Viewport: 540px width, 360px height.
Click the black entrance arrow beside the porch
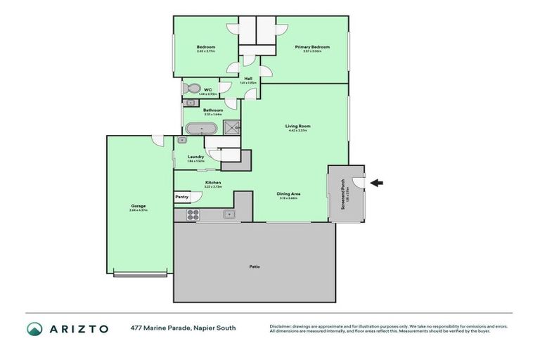[x=377, y=184]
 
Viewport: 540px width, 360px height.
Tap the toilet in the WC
[x=191, y=89]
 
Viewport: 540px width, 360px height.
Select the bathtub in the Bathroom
[x=201, y=129]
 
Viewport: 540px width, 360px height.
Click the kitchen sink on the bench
[x=229, y=214]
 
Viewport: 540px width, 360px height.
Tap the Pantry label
[x=182, y=198]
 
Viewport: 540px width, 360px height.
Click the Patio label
[x=255, y=266]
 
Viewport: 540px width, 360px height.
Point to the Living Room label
[x=298, y=126]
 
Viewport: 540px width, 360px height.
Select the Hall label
[x=248, y=79]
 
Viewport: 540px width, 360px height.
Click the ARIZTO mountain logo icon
[x=34, y=328]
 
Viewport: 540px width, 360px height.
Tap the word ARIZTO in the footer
[x=78, y=328]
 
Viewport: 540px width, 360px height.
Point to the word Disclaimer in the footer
[x=281, y=326]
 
